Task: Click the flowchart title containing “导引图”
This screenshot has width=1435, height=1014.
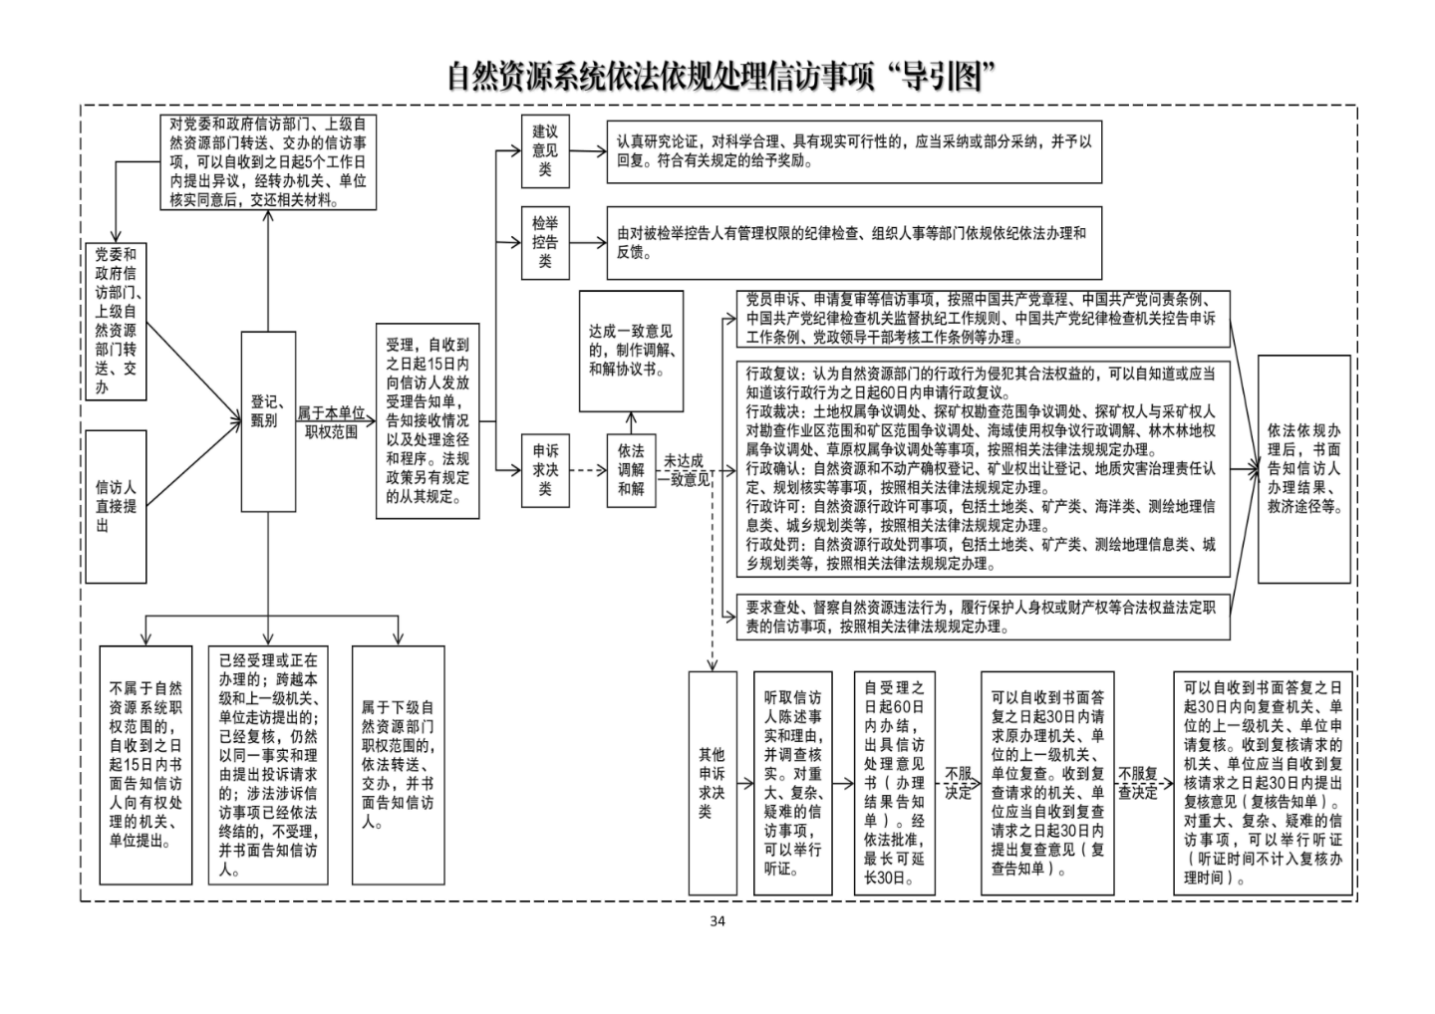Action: coord(721,77)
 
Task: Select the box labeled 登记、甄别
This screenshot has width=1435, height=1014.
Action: coord(268,421)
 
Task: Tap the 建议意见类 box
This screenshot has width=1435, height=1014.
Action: coord(545,149)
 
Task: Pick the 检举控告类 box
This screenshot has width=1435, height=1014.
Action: coord(545,242)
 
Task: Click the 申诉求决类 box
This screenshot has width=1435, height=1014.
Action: coord(545,470)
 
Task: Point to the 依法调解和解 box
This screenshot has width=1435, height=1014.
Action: coord(631,470)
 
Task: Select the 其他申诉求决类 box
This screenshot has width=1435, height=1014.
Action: coord(712,783)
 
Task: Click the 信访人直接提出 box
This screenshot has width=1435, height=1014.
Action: coord(116,506)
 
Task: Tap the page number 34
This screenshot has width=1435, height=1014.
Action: coord(717,920)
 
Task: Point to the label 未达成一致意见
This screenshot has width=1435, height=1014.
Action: coord(685,470)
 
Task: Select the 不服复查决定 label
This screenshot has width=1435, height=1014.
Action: coord(1137,783)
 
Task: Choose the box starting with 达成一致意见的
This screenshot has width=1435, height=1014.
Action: coord(631,351)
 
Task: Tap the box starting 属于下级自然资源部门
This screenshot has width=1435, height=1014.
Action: coord(398,765)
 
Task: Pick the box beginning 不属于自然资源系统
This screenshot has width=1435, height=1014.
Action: coord(145,765)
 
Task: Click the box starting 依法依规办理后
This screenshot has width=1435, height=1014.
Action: coord(1303,468)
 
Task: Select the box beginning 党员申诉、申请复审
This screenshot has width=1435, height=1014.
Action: coord(982,319)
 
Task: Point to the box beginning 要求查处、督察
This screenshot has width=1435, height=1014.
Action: coord(982,618)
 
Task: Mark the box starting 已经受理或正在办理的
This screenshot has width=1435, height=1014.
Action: coord(268,765)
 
